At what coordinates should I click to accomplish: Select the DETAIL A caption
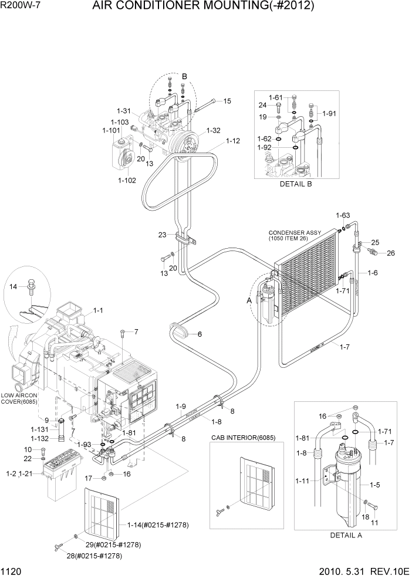[x=346, y=535]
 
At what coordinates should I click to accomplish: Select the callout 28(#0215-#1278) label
[x=94, y=555]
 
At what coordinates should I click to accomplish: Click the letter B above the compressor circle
[x=184, y=76]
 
